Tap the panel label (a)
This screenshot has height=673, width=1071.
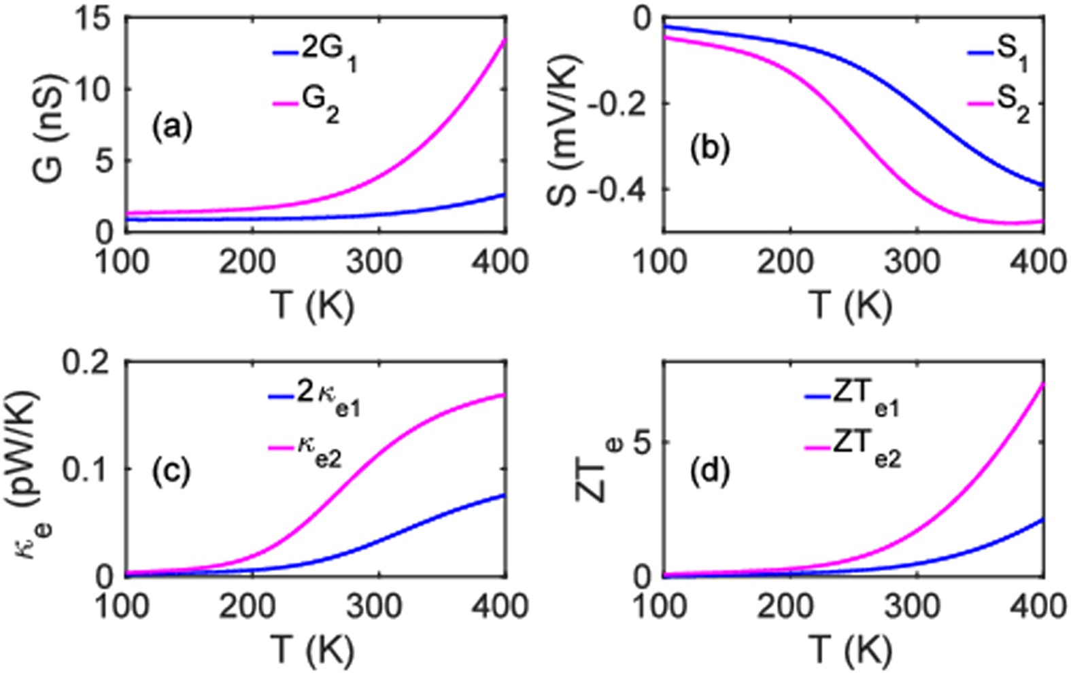pyautogui.click(x=172, y=127)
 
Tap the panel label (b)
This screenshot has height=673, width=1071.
pyautogui.click(x=709, y=148)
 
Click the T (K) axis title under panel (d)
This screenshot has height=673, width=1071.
pyautogui.click(x=852, y=650)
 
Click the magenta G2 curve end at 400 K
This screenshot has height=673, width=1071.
pyautogui.click(x=504, y=41)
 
